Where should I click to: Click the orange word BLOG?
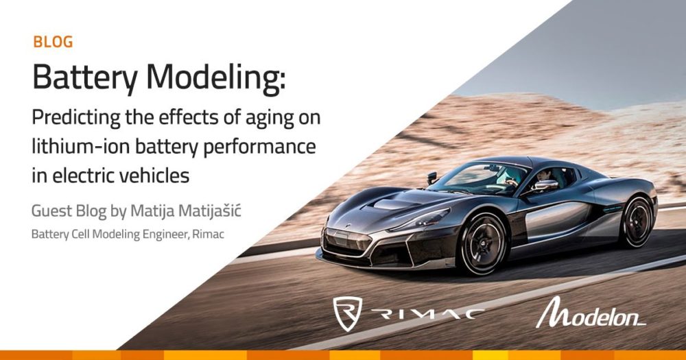[53, 42]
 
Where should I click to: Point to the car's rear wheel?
[637, 219]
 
